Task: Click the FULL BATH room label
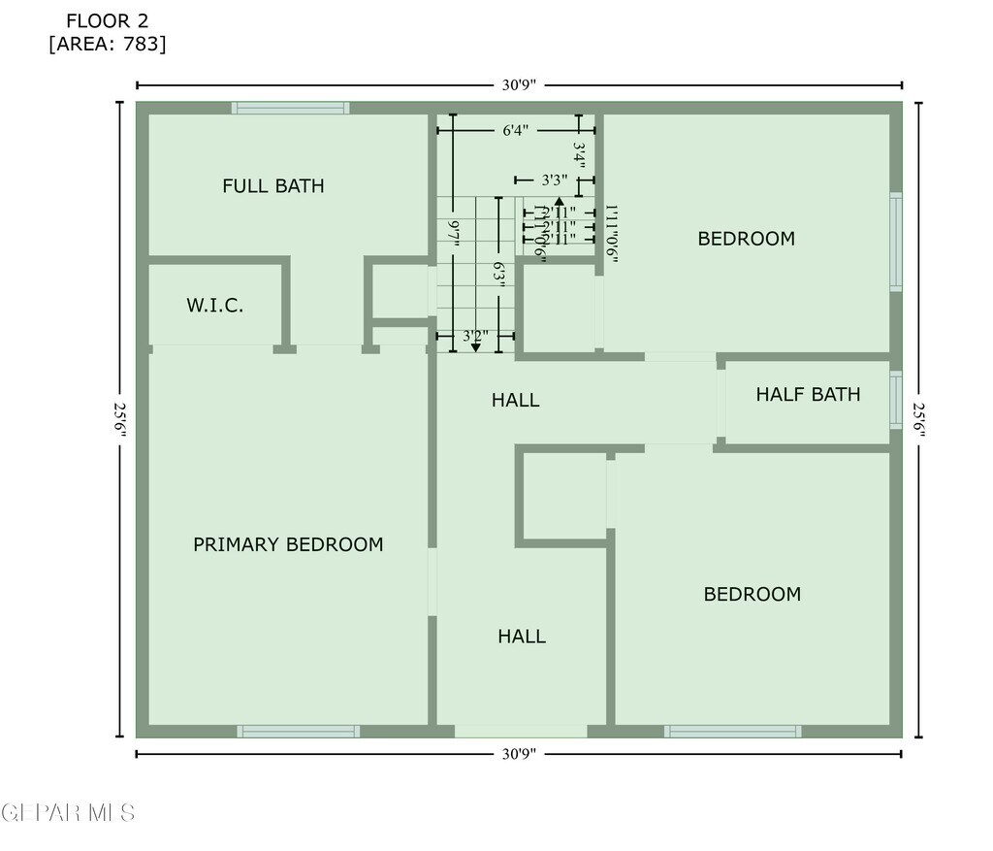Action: click(x=272, y=185)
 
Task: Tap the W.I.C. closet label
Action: click(x=214, y=306)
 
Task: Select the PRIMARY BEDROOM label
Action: click(x=288, y=544)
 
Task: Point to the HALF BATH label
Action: click(x=808, y=394)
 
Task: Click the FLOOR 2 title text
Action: click(x=108, y=20)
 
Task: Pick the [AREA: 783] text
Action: click(x=108, y=44)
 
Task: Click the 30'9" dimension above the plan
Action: click(x=519, y=84)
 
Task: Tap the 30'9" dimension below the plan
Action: click(x=519, y=753)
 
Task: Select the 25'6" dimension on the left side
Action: click(x=120, y=419)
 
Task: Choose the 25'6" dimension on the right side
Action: click(x=918, y=419)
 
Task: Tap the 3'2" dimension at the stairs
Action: click(x=474, y=337)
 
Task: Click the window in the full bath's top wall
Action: click(x=291, y=108)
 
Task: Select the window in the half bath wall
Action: click(x=896, y=400)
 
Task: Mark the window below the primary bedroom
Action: click(x=299, y=731)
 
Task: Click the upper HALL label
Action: click(x=515, y=400)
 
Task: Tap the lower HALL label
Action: click(x=522, y=637)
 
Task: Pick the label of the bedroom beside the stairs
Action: click(x=746, y=239)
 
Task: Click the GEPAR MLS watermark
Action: click(x=68, y=813)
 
